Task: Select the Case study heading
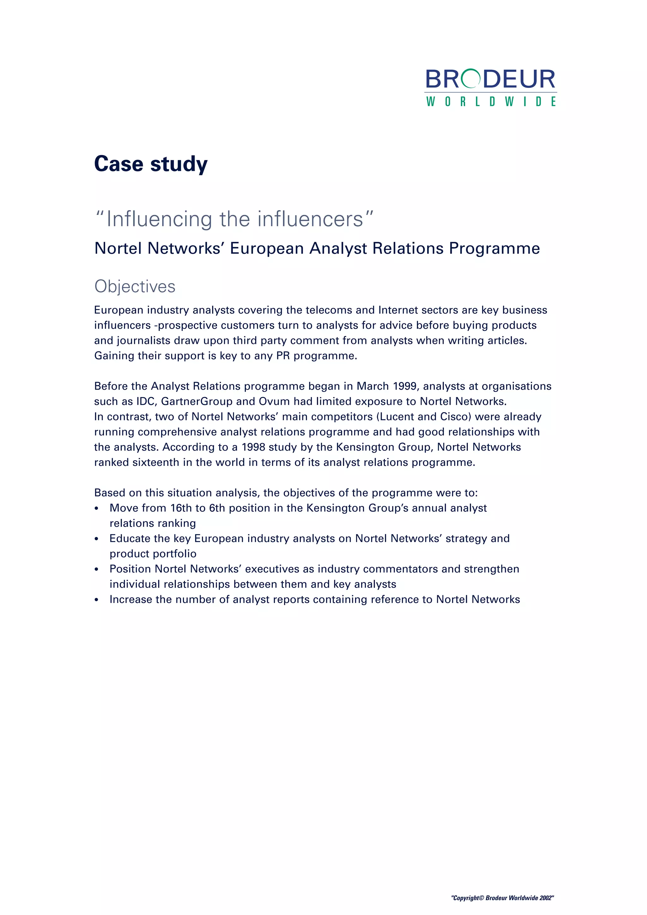point(151,164)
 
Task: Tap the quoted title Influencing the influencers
point(234,219)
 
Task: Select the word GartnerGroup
point(197,401)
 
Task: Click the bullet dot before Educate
point(96,539)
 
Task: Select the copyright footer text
point(502,898)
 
